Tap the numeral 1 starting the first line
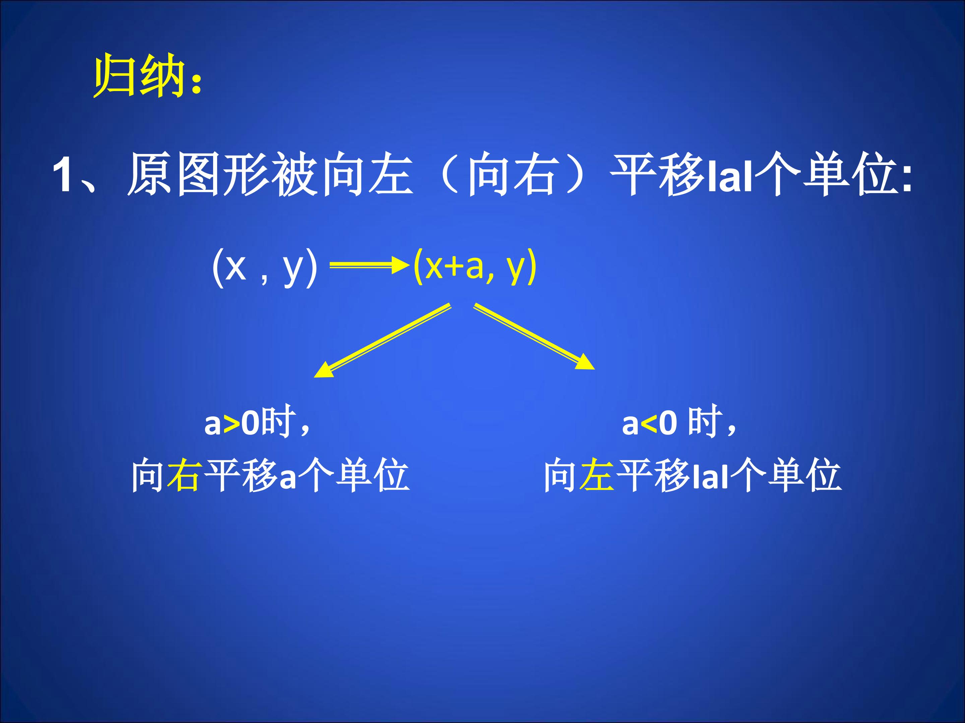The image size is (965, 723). click(62, 175)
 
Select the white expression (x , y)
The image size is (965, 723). click(264, 267)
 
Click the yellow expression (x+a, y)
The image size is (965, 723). click(475, 266)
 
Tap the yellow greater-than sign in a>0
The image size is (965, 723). click(231, 423)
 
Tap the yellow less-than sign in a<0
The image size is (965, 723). click(649, 423)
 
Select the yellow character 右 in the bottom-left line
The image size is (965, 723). click(184, 475)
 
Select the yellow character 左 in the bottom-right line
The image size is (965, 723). click(597, 475)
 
